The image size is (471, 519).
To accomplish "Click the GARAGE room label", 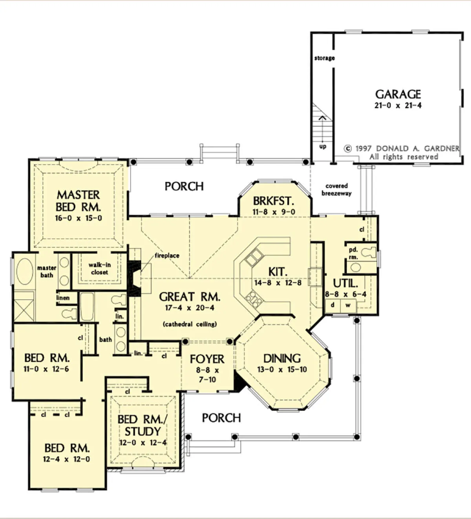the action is pos(398,95).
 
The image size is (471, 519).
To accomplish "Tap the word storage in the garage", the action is pos(325,58).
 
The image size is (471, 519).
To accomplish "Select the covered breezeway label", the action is pos(337,189).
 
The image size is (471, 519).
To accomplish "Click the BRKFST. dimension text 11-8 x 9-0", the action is pos(274,212).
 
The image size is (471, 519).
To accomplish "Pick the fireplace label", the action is pos(167,256).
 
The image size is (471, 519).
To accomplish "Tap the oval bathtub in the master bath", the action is pos(25,271).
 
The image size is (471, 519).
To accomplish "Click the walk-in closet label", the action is pos(100,268).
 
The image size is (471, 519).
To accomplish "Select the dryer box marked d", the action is pos(332,305).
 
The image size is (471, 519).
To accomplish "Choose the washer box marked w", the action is pos(348,305).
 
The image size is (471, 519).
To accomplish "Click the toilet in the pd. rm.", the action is pos(369,252).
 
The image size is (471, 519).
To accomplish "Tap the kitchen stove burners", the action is pos(254,300).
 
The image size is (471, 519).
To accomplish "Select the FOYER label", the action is pos(207,359).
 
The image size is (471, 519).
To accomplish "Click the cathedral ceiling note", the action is pos(190,324).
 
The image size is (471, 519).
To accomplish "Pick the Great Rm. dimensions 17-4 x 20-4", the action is pos(190,308).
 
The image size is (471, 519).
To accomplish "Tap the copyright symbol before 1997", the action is pos(348,149).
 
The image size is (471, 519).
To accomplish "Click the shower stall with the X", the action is pos(24,310).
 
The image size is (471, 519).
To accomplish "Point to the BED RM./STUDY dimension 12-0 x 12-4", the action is pos(143,443).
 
